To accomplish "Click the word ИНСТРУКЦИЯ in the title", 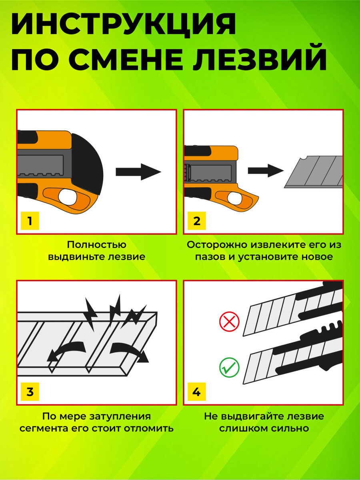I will point(123,25).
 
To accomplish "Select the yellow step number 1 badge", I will point(30,220).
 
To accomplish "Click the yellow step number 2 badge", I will point(196,220).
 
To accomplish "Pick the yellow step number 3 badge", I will point(30,392).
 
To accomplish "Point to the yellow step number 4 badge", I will point(196,392).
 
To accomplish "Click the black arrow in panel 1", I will point(138,172).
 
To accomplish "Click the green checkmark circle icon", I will point(229,367).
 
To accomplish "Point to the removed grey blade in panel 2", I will point(314,172).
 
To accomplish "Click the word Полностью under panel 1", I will point(96,244).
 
